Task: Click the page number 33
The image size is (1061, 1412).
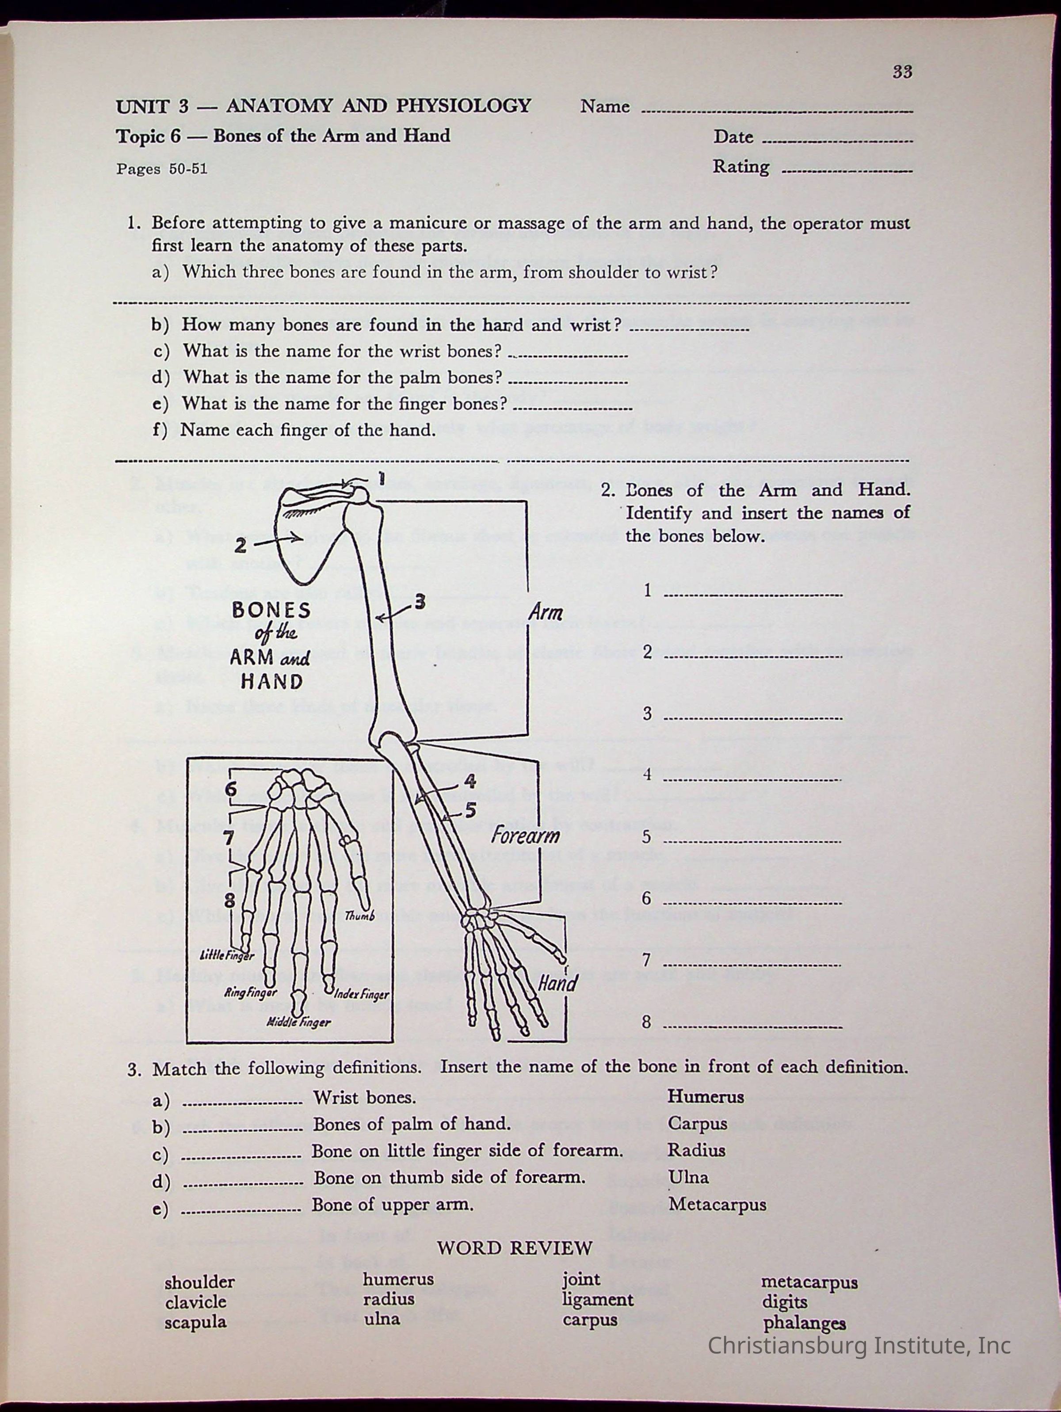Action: point(902,72)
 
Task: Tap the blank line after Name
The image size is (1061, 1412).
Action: point(776,112)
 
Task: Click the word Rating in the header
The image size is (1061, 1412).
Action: point(740,167)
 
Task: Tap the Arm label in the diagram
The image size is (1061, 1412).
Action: point(545,612)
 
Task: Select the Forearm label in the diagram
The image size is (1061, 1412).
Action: point(525,835)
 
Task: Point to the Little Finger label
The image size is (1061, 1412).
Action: point(227,956)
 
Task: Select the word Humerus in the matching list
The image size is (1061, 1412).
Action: point(706,1097)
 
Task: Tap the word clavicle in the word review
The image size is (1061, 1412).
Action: point(195,1301)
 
